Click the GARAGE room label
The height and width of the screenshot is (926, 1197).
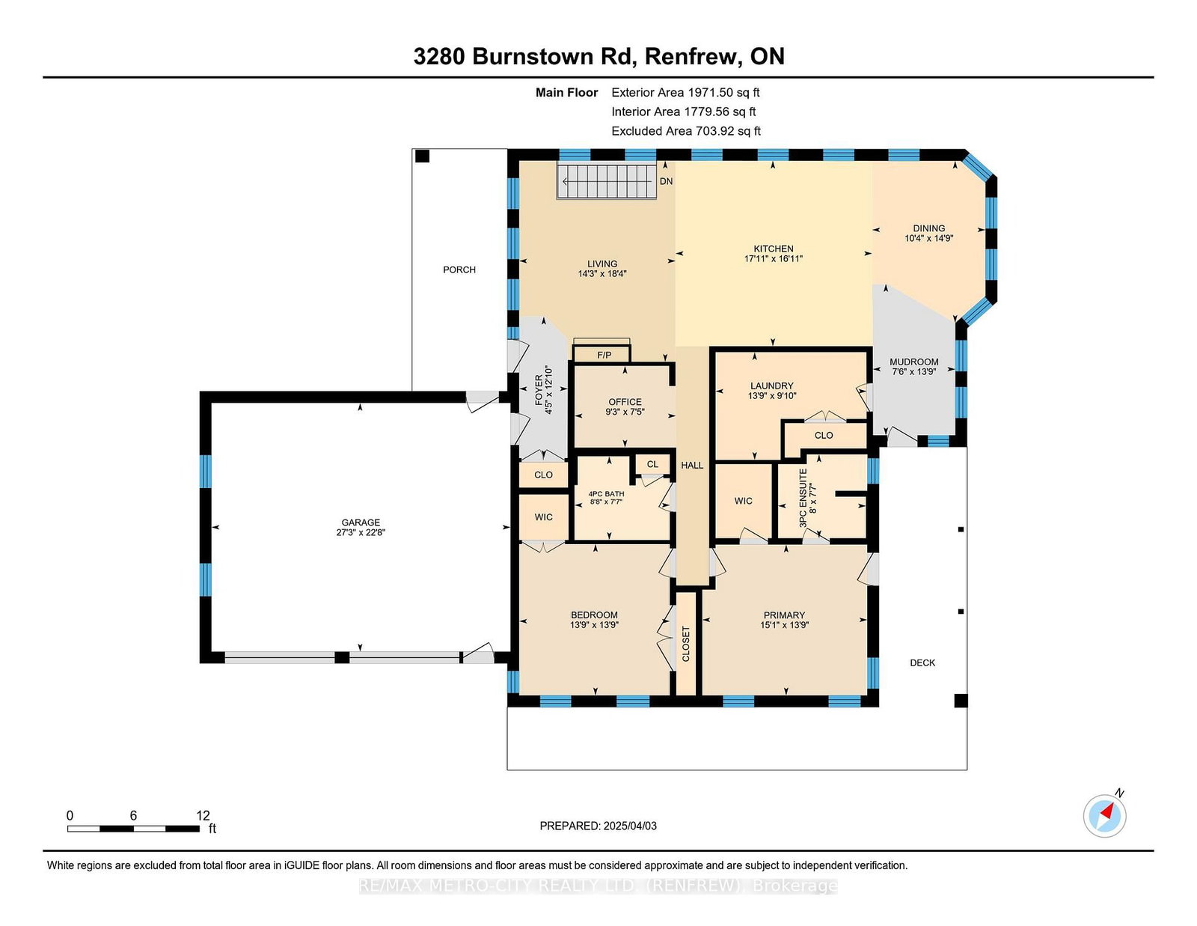(x=361, y=522)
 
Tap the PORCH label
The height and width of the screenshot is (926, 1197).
(x=459, y=269)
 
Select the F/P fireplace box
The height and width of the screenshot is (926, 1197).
(x=601, y=354)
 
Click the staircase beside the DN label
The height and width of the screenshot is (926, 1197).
(x=607, y=181)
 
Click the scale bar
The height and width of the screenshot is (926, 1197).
(x=133, y=829)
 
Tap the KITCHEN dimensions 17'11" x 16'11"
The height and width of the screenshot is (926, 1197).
(x=773, y=258)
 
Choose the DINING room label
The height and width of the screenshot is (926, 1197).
(x=928, y=228)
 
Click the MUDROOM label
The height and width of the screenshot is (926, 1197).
(x=914, y=362)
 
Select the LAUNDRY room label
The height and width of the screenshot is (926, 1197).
(x=772, y=386)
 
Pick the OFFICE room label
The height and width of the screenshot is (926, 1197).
(x=625, y=402)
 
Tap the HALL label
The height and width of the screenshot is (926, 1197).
(x=692, y=465)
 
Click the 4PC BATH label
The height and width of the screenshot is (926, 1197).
(x=598, y=494)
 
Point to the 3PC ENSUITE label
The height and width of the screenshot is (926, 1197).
(x=803, y=499)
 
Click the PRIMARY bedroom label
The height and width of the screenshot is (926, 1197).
(x=784, y=615)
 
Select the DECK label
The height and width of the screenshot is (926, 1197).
(x=922, y=662)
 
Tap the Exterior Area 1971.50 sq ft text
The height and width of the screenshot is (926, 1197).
(x=685, y=93)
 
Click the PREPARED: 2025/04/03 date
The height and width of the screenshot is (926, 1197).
(x=598, y=826)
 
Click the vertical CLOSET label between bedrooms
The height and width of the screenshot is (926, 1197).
(x=686, y=644)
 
